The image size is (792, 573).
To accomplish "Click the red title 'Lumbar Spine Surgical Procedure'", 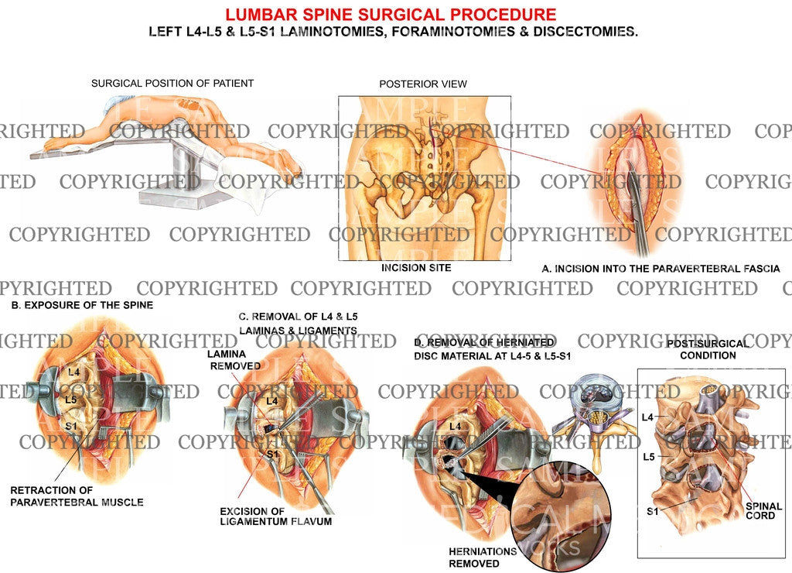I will (390, 14).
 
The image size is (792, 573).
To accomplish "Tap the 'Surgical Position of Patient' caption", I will (172, 84).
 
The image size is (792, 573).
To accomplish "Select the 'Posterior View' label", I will (422, 84).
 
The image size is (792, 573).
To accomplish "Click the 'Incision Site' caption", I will (416, 268).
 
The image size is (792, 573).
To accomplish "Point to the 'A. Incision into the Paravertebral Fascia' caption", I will (661, 269).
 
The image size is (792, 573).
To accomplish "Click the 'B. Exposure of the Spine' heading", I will (82, 305).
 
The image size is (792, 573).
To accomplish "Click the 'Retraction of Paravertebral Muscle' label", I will (77, 496).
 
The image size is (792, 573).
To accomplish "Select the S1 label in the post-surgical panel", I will (651, 511).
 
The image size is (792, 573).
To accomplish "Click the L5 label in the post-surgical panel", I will (650, 457).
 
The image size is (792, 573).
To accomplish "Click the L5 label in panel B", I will (70, 400).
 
